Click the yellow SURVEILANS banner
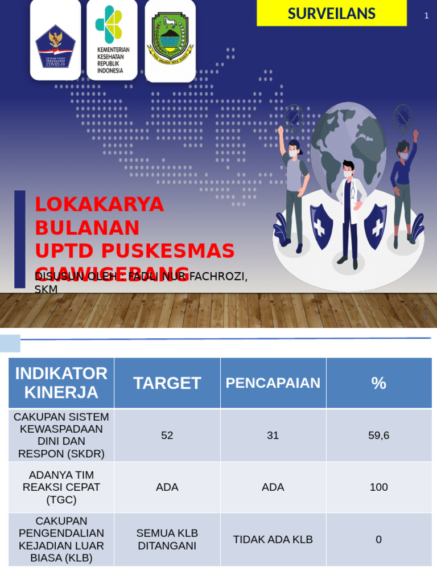pos(332,13)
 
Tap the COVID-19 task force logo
pos(55,46)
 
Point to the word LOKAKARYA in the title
pos(100,204)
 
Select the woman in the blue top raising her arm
pos(403,182)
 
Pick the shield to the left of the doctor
pos(321,225)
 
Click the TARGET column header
pos(167,383)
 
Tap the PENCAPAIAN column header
pos(273,383)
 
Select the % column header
pos(379,383)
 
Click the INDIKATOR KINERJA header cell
pos(61,383)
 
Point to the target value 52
pos(167,436)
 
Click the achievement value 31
pos(273,436)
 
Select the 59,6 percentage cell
pos(379,436)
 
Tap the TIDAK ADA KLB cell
pos(273,540)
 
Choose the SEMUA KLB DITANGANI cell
pos(167,540)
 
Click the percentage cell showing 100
pos(379,487)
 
